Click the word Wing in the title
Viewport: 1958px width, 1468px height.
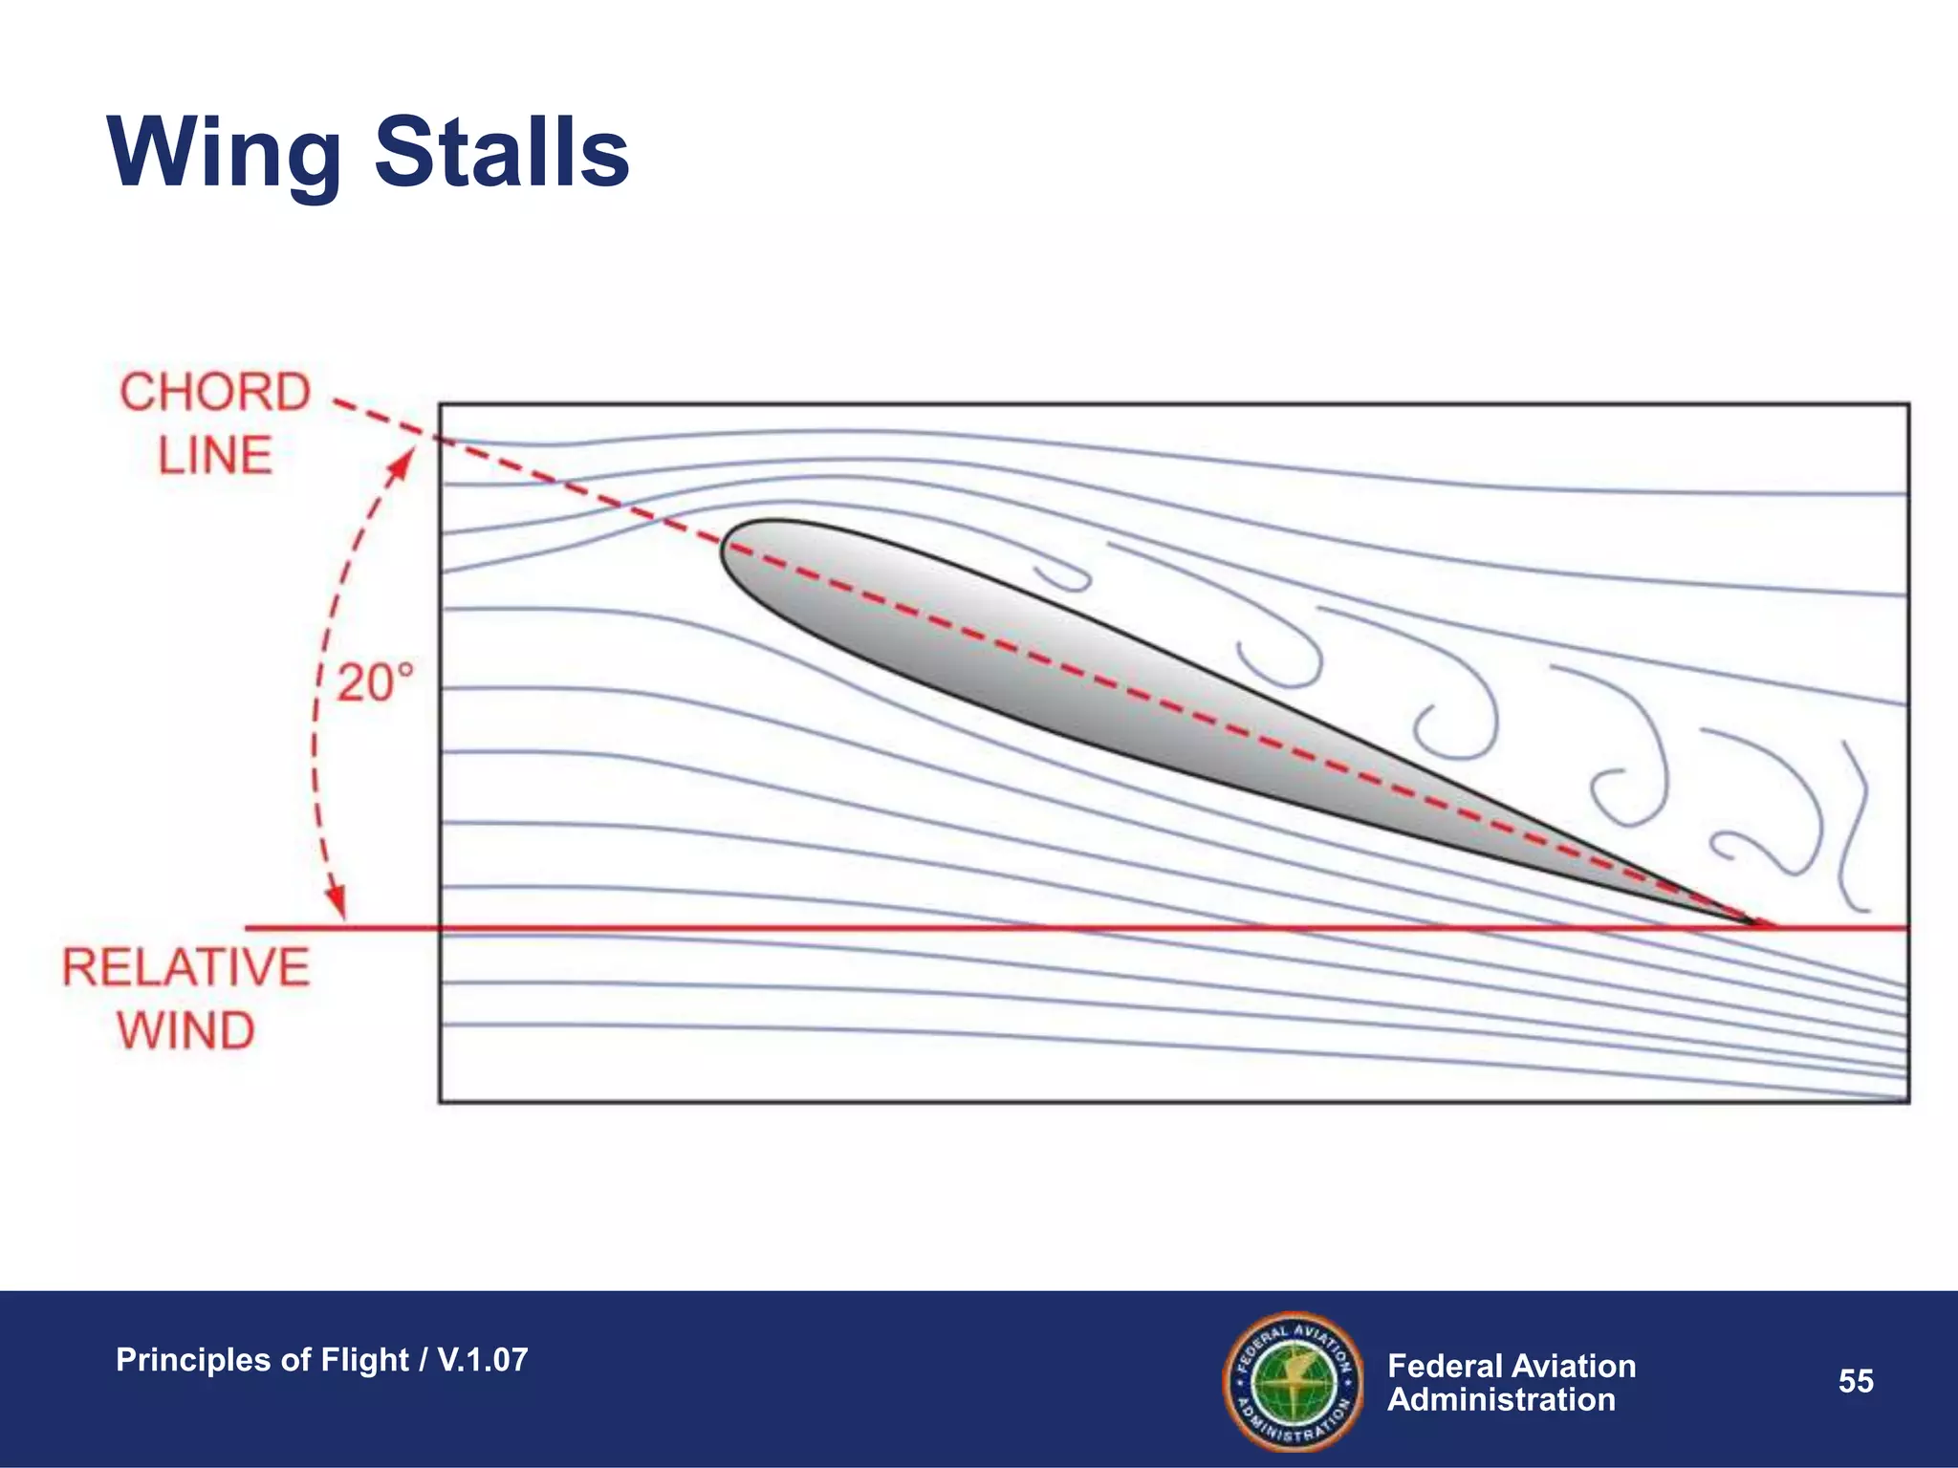[x=225, y=153]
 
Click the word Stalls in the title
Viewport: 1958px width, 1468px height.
[x=502, y=153]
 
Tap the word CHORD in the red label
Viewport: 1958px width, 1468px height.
[x=215, y=393]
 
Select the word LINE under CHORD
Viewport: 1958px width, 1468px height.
[x=215, y=455]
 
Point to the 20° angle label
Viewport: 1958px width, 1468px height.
[x=376, y=683]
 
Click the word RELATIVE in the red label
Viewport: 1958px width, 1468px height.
[x=186, y=967]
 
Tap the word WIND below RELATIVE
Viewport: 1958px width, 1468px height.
[x=186, y=1030]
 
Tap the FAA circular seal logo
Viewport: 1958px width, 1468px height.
[x=1294, y=1381]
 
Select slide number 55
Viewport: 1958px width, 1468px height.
[x=1856, y=1381]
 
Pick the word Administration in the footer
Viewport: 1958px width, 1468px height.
[x=1501, y=1400]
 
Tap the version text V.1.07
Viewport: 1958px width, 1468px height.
[x=483, y=1360]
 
